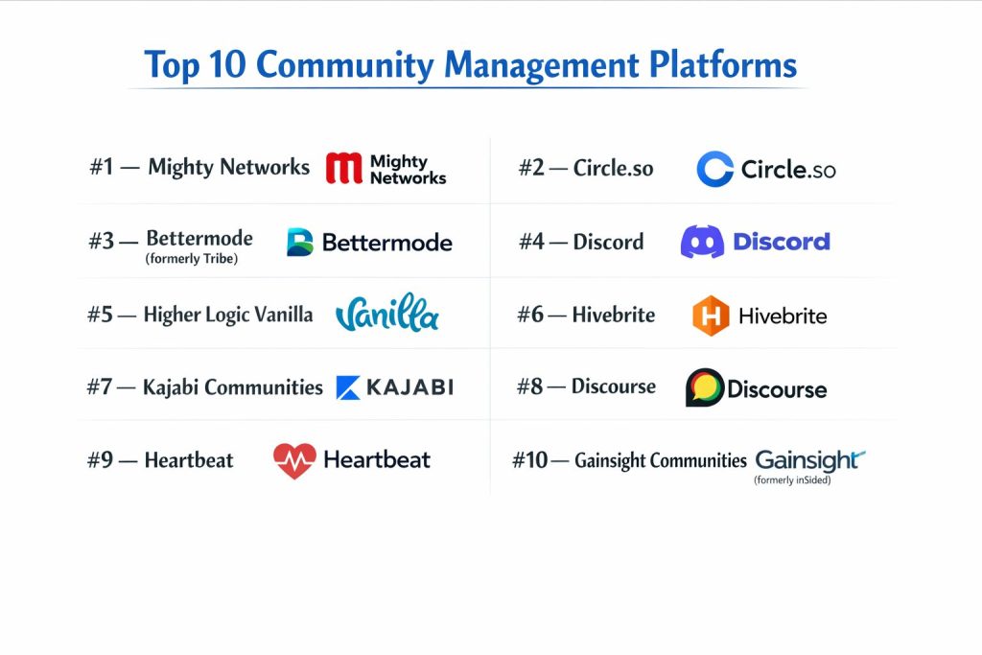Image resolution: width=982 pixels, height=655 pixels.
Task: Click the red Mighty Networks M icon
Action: click(344, 168)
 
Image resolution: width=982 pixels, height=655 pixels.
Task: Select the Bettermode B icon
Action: click(299, 242)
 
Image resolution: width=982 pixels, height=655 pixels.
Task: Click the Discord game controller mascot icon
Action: click(702, 242)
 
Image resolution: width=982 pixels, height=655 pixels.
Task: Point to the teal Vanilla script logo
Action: click(387, 313)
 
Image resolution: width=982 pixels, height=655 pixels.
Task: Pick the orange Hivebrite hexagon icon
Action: click(711, 316)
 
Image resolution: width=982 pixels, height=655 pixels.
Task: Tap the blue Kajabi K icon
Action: click(348, 387)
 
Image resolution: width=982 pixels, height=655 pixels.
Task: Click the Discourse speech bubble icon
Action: click(705, 387)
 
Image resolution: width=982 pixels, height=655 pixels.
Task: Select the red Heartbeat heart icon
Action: click(294, 461)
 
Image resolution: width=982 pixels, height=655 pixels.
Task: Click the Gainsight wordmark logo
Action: click(809, 460)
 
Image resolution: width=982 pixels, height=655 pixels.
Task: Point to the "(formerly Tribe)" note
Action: click(192, 259)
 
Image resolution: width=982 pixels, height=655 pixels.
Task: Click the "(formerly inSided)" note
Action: click(792, 480)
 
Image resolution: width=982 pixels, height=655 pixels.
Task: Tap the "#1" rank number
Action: click(102, 167)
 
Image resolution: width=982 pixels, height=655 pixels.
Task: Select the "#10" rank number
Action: click(529, 460)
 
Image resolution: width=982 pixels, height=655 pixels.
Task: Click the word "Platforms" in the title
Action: click(723, 64)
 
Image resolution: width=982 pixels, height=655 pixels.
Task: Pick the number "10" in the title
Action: click(227, 64)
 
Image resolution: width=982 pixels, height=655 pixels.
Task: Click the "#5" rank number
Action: click(100, 315)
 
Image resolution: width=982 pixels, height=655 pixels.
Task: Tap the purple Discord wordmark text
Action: click(782, 242)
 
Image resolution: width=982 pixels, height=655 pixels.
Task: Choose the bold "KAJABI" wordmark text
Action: click(410, 387)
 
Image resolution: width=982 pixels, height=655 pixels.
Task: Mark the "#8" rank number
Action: click(529, 386)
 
